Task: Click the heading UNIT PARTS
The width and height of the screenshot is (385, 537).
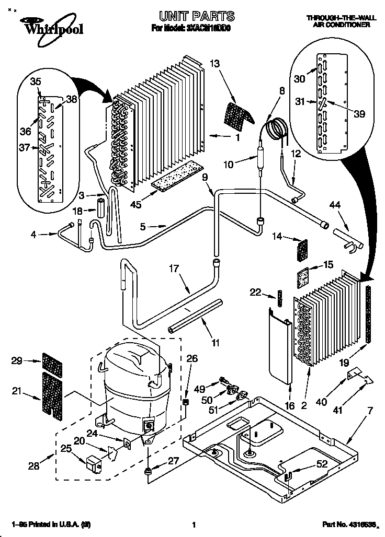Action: (192, 16)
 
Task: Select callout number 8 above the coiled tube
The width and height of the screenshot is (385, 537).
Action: (282, 90)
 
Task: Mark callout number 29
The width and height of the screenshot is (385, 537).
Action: (17, 361)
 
